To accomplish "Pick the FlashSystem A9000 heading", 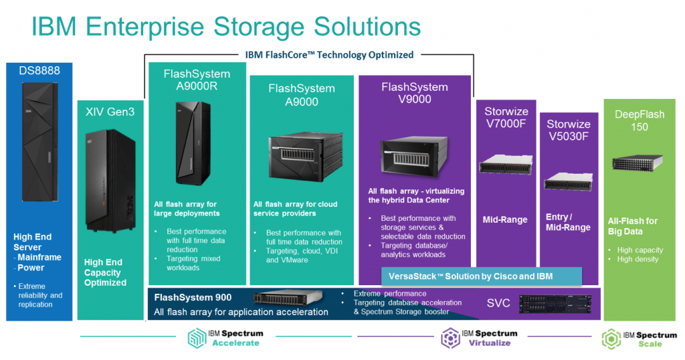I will [302, 95].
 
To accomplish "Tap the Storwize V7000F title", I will [506, 118].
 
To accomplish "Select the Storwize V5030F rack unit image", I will [568, 181].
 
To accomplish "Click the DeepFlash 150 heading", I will [640, 120].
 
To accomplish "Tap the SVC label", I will [498, 303].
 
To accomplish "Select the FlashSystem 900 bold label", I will [193, 298].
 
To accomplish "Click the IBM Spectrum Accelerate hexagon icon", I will [198, 337].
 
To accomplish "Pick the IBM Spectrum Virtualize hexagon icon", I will [450, 337].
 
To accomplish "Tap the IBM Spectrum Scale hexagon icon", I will [610, 339].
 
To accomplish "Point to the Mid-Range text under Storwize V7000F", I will [505, 219].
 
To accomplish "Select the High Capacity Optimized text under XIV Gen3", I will [105, 272].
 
